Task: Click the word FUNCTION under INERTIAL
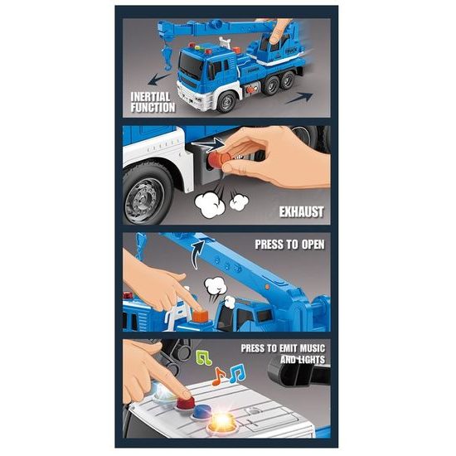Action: point(153,107)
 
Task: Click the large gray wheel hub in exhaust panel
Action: point(144,197)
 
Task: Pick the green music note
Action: point(202,358)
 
